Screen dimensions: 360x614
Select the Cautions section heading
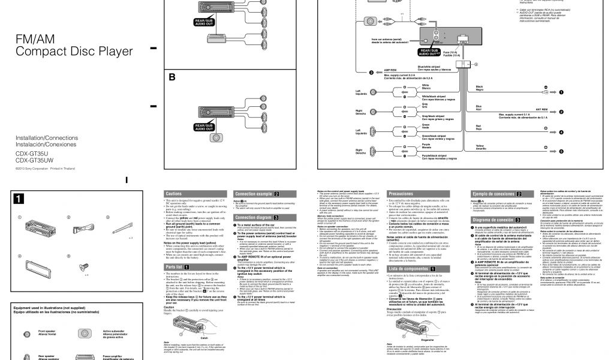[x=174, y=194]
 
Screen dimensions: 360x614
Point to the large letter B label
[x=172, y=77]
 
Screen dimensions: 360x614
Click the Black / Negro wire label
[x=479, y=88]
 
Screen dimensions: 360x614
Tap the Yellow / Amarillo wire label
[x=480, y=147]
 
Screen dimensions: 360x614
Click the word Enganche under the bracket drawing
[x=428, y=338]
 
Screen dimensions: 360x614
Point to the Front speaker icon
[x=26, y=332]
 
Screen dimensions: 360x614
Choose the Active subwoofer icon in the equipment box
[x=83, y=332]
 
